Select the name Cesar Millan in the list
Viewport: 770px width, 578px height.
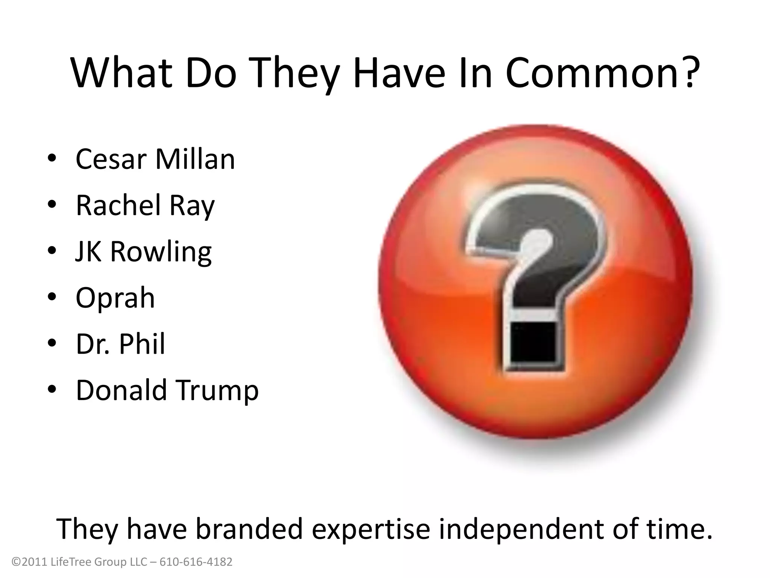point(155,160)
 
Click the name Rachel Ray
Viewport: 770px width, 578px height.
point(145,206)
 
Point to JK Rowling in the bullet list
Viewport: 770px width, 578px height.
point(144,252)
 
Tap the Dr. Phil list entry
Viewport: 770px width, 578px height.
point(120,344)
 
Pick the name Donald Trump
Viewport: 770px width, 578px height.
point(167,390)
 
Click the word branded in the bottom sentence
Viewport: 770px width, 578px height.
point(249,528)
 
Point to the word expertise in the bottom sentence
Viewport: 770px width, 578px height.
point(371,528)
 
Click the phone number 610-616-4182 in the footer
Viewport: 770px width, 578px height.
point(196,562)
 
